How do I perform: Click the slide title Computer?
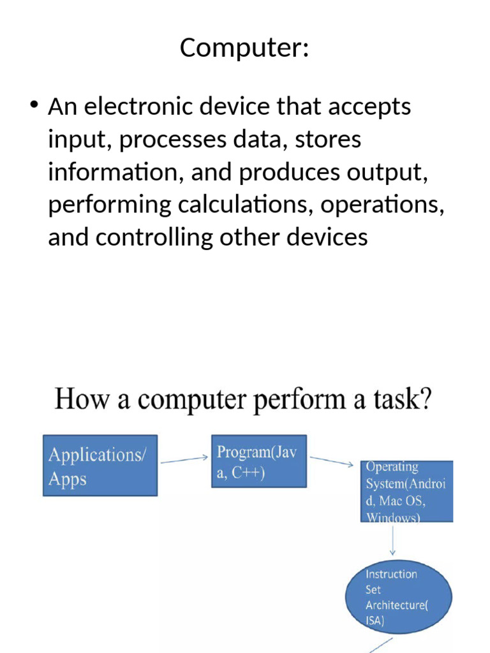[x=244, y=48]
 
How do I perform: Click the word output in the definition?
[x=390, y=172]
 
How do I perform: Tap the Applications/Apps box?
[x=100, y=465]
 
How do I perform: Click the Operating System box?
[x=406, y=491]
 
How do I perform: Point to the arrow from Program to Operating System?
[x=331, y=460]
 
